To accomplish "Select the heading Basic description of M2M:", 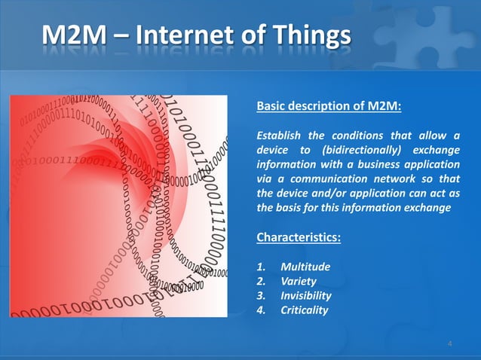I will tap(329, 106).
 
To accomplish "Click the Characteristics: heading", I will tap(299, 238).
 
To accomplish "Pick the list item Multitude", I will tap(305, 267).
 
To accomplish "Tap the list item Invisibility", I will tap(306, 296).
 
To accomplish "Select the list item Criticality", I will tap(304, 310).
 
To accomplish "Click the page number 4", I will tap(449, 343).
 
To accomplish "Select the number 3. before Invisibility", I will tap(262, 296).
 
